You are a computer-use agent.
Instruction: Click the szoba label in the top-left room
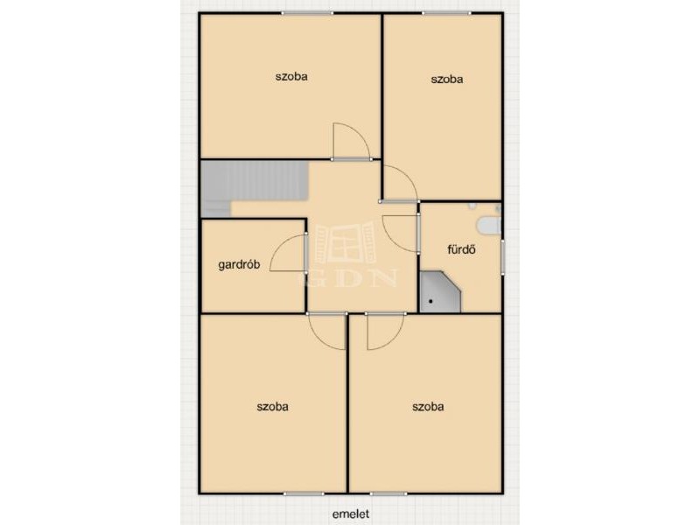(x=291, y=76)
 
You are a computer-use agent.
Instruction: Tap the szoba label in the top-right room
(x=447, y=80)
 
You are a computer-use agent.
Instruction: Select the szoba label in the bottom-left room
(x=272, y=407)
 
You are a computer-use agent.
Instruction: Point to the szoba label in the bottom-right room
(x=428, y=407)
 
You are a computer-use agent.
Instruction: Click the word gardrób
(x=239, y=264)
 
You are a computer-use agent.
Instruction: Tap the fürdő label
(x=461, y=249)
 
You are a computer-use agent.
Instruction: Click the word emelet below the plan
(x=351, y=514)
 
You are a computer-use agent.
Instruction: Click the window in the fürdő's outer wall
(x=502, y=255)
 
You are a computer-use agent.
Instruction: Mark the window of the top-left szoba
(x=307, y=13)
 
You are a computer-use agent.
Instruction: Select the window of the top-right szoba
(x=446, y=13)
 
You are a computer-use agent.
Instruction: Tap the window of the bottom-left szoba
(x=304, y=493)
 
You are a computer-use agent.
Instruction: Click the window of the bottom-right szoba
(x=388, y=493)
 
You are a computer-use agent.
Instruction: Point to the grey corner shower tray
(x=438, y=292)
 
